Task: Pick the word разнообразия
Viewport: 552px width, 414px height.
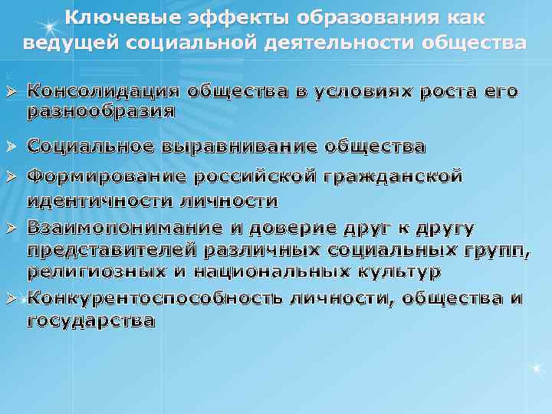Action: [x=101, y=111]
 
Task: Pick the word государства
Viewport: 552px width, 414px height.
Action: [x=90, y=321]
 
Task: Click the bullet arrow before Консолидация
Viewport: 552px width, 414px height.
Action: [x=11, y=92]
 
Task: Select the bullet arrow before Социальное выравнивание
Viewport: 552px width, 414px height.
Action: [x=11, y=146]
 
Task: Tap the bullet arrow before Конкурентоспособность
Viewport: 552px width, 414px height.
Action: [x=11, y=298]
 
